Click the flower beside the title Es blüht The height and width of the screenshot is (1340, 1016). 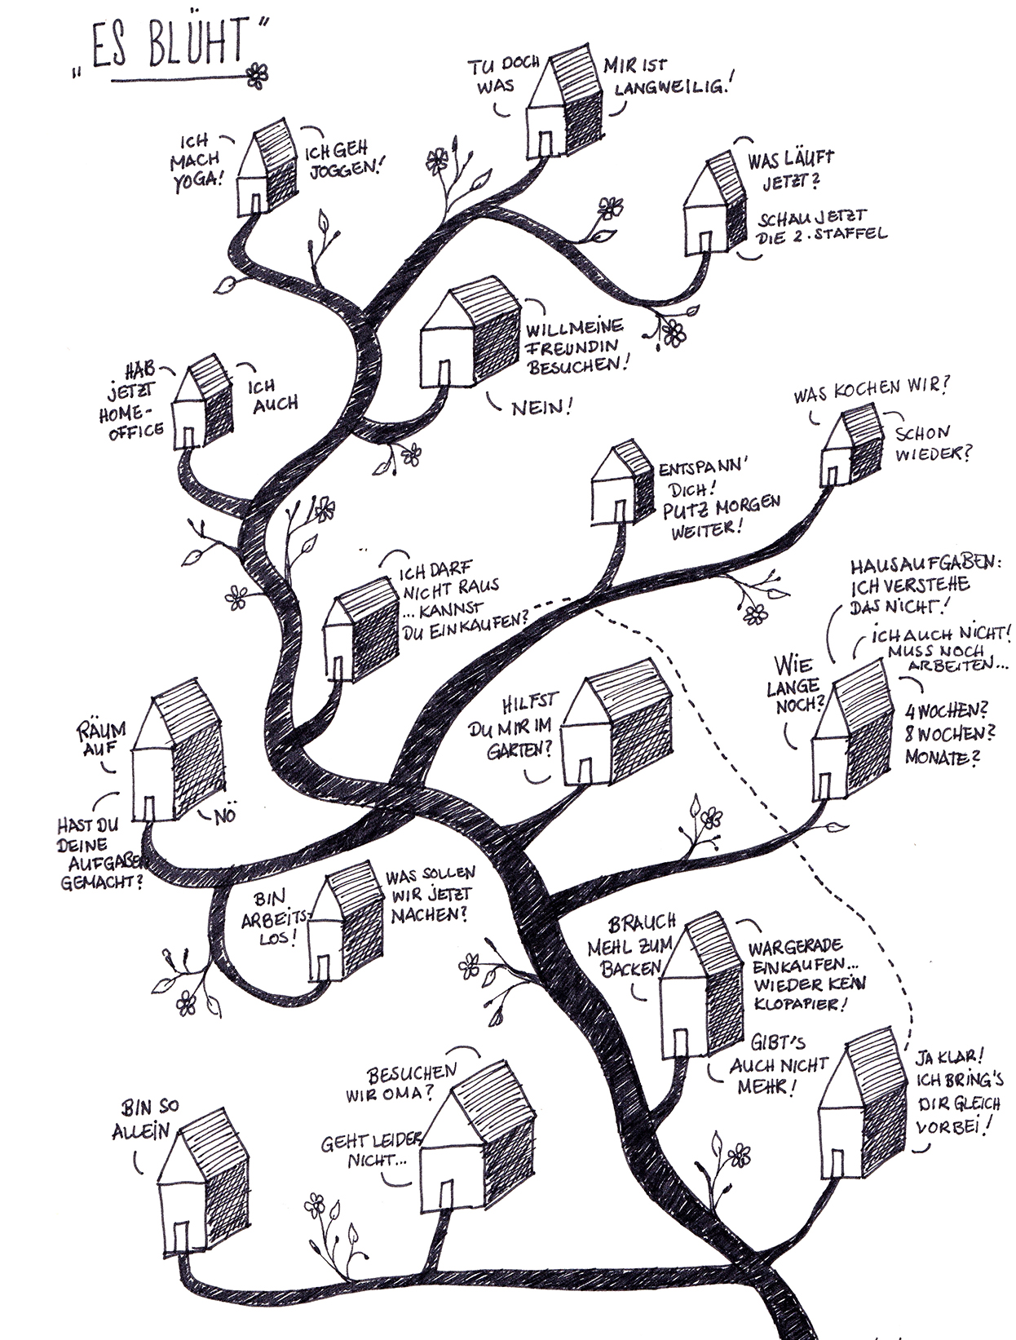click(x=257, y=74)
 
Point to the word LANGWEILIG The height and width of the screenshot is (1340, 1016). click(x=668, y=86)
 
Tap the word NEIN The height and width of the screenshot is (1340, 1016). click(x=538, y=408)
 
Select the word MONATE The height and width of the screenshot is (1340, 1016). click(x=942, y=758)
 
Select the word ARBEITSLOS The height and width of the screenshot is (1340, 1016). click(x=274, y=920)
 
